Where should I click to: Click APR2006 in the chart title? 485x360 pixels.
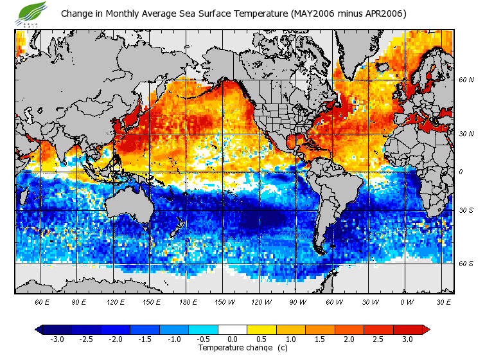point(383,14)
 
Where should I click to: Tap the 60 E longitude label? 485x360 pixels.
point(42,302)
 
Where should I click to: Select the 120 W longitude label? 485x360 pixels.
point(261,302)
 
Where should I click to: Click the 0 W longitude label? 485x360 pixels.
point(407,302)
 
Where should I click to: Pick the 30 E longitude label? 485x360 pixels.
point(443,302)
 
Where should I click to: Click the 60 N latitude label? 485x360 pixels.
point(466,80)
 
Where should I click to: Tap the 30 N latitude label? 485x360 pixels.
point(466,134)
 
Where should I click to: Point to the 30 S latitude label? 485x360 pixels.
point(466,210)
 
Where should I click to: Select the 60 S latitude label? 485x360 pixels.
point(466,264)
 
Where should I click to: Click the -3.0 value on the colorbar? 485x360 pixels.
point(57,339)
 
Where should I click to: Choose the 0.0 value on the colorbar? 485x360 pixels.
point(233,339)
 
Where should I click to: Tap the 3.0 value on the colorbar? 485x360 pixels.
point(408,339)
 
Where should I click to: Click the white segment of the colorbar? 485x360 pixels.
point(233,329)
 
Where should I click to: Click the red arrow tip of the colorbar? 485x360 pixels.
point(426,329)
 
